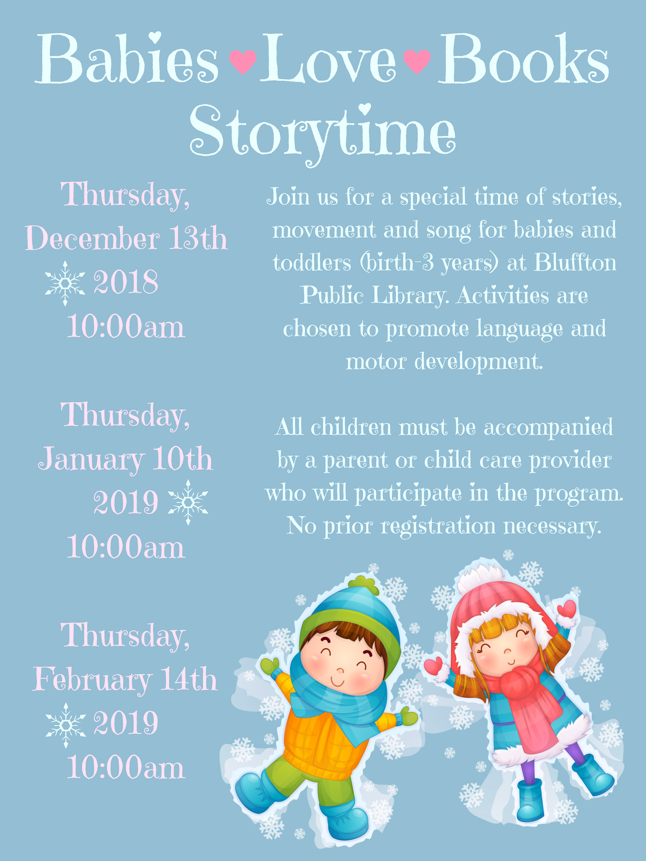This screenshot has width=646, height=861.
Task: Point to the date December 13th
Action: pyautogui.click(x=127, y=238)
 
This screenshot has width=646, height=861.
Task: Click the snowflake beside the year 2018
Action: pyautogui.click(x=65, y=283)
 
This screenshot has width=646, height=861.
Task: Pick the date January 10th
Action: pyautogui.click(x=125, y=459)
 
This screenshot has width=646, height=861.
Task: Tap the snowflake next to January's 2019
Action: pyautogui.click(x=188, y=502)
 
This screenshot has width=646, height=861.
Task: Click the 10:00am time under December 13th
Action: pyautogui.click(x=126, y=326)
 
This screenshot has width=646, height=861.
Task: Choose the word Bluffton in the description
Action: pyautogui.click(x=575, y=262)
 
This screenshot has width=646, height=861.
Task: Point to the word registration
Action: pyautogui.click(x=438, y=527)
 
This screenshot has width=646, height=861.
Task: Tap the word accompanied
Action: pyautogui.click(x=548, y=427)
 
